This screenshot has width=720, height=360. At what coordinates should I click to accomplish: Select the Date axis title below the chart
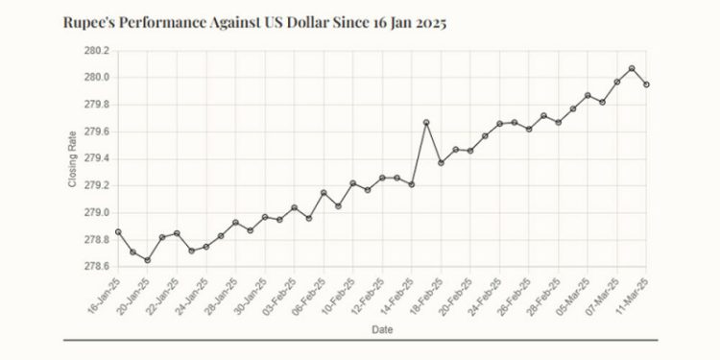coord(381,329)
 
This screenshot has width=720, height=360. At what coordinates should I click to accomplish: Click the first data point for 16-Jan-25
coord(118,231)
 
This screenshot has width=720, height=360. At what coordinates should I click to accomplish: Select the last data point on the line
coord(646,84)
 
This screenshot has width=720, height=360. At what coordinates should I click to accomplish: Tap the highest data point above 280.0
coord(632,68)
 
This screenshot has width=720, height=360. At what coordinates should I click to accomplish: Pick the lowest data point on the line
coord(148,260)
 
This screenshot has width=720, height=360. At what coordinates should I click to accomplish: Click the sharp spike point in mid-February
coord(426,122)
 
